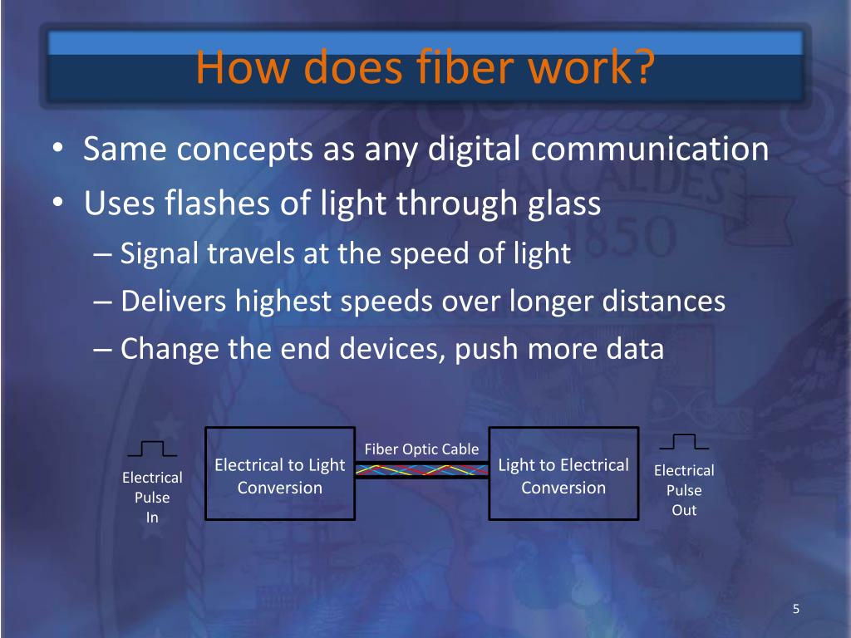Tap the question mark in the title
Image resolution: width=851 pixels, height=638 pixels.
[x=638, y=68]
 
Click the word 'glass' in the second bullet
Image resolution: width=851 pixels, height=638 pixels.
[x=563, y=203]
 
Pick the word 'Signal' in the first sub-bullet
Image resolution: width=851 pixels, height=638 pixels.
[x=160, y=253]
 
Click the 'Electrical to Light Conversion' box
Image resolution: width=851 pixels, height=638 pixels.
[x=279, y=474]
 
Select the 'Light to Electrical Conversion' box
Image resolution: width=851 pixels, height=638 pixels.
[x=563, y=474]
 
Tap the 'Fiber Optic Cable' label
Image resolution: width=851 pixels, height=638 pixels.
[x=421, y=449]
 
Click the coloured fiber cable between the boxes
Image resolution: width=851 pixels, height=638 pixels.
[x=421, y=471]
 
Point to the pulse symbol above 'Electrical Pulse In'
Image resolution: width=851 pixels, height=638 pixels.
[x=152, y=449]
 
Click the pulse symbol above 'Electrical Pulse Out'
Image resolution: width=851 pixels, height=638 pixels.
[x=683, y=441]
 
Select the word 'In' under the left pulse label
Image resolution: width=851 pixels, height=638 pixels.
[x=152, y=518]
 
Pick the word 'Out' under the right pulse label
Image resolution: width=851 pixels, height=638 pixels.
[x=684, y=510]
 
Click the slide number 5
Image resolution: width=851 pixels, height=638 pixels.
[x=795, y=610]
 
